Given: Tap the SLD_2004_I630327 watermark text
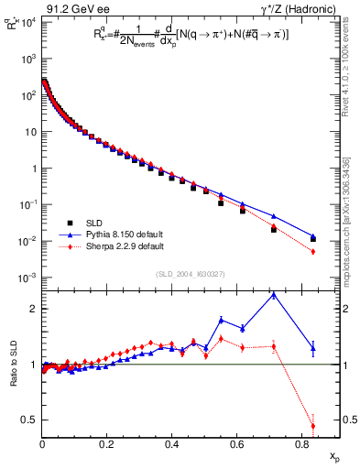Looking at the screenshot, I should click(x=188, y=274).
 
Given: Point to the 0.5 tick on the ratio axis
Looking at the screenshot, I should click(x=30, y=420).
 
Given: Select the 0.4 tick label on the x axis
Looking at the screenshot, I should click(x=172, y=444).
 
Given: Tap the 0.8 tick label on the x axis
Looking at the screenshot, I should click(x=301, y=444).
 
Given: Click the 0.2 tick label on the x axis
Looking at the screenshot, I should click(x=107, y=444).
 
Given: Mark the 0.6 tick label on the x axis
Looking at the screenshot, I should click(x=236, y=444).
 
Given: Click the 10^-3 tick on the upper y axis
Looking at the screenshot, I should click(x=27, y=278).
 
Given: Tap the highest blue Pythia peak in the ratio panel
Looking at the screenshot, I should click(x=273, y=294).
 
